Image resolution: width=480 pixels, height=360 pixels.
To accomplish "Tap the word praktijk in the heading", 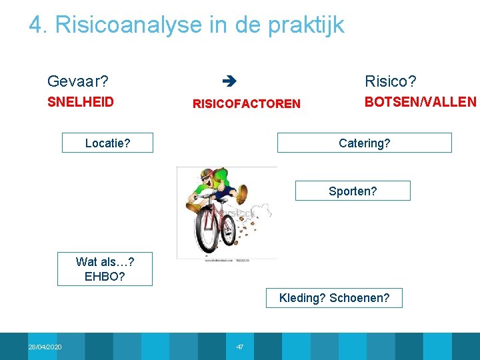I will pyautogui.click(x=306, y=25).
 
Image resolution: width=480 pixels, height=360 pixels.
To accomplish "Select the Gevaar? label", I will pyautogui.click(x=78, y=82).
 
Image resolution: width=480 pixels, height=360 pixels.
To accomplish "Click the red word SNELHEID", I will pyautogui.click(x=80, y=102).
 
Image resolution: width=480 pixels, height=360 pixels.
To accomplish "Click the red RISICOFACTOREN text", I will pyautogui.click(x=246, y=103).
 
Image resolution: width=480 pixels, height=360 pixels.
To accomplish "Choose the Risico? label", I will pyautogui.click(x=390, y=82).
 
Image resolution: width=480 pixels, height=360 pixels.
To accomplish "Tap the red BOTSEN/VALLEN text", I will pyautogui.click(x=420, y=102).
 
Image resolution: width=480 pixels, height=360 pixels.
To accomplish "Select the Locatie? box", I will pyautogui.click(x=107, y=143).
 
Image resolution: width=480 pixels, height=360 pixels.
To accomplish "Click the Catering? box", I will pyautogui.click(x=364, y=143).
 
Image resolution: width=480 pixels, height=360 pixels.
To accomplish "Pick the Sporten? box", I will pyautogui.click(x=352, y=191).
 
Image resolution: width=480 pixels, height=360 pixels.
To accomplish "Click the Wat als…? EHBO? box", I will pyautogui.click(x=105, y=269).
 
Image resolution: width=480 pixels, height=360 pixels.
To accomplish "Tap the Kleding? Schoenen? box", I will pyautogui.click(x=334, y=297).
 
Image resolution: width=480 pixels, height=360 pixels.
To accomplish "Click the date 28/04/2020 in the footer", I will pyautogui.click(x=45, y=347).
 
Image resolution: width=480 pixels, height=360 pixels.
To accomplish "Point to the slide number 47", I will pyautogui.click(x=240, y=347).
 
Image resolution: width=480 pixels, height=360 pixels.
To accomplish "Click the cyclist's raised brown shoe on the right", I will pyautogui.click(x=257, y=193).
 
